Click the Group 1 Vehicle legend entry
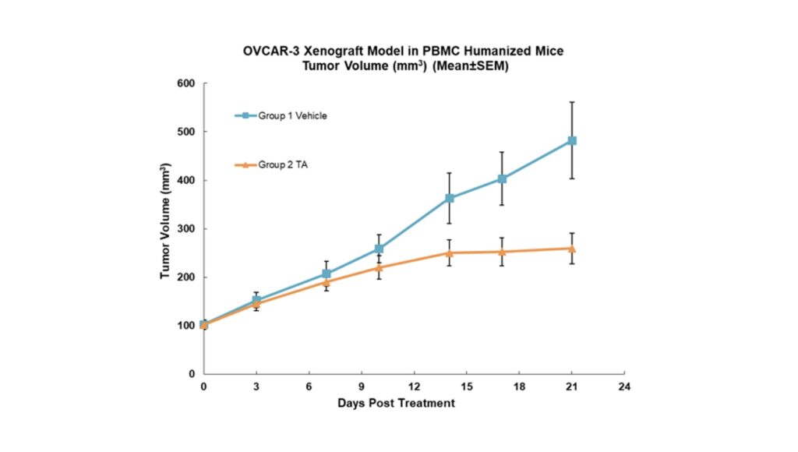[281, 116]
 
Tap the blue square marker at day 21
[572, 141]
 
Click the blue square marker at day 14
[450, 198]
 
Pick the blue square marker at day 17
[502, 179]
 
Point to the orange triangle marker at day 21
[572, 249]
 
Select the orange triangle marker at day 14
[450, 252]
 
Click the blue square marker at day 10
[380, 249]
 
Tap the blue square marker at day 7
[327, 274]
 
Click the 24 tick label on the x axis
[623, 387]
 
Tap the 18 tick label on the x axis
[519, 387]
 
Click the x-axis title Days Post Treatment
[396, 403]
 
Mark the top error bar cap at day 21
[572, 102]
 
